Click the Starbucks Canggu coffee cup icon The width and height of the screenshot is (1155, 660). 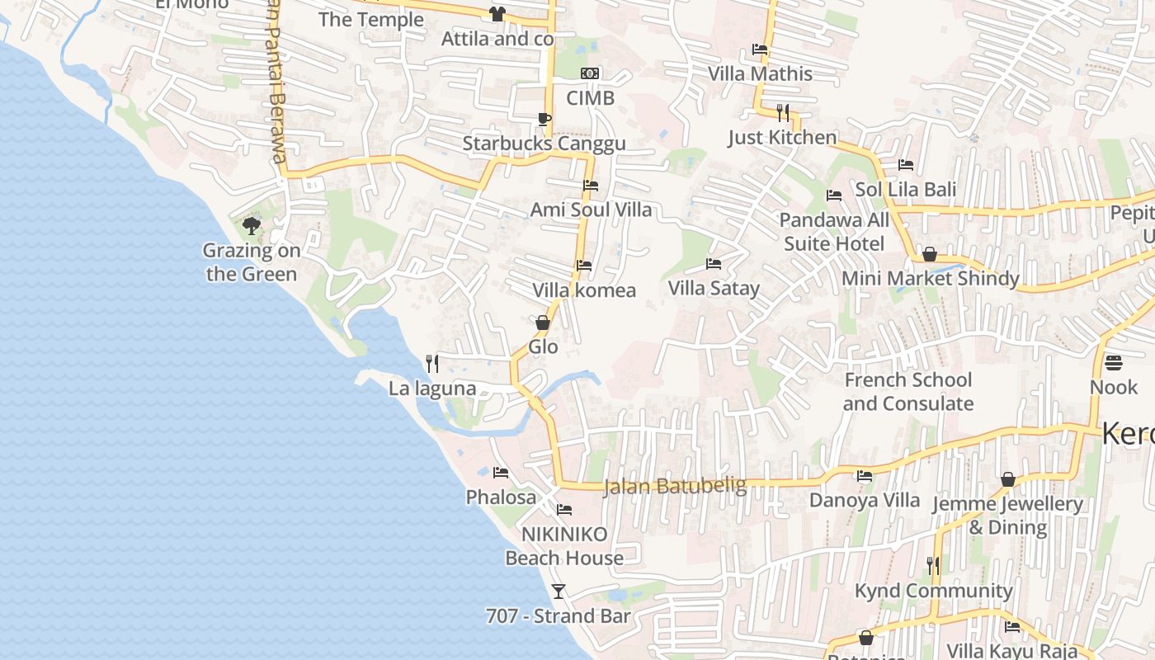tap(544, 119)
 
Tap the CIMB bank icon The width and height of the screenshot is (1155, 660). tap(590, 73)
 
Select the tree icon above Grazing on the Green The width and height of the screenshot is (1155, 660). tap(252, 225)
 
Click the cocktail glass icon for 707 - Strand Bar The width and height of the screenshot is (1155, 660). tap(559, 591)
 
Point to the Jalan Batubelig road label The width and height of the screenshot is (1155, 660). tap(675, 487)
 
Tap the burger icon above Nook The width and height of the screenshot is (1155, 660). tap(1113, 363)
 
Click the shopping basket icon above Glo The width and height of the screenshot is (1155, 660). tap(543, 323)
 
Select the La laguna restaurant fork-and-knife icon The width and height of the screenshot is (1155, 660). tap(431, 363)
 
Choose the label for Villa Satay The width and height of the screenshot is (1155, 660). tap(714, 288)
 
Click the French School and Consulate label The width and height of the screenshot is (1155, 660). tap(907, 392)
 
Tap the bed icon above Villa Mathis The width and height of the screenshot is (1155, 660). tap(760, 49)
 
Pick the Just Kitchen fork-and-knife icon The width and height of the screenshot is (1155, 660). tap(783, 112)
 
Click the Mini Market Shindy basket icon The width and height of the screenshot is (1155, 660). tap(930, 254)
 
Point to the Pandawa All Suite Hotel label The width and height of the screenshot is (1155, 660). tap(834, 232)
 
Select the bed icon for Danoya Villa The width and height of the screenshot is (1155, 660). tap(864, 476)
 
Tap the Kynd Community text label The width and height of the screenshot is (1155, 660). tap(933, 591)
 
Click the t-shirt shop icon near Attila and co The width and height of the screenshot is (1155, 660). tap(497, 13)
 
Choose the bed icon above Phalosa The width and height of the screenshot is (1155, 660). tap(500, 473)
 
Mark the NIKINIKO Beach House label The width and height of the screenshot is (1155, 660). tap(564, 546)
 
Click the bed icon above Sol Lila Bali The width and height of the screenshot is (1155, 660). tap(905, 165)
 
